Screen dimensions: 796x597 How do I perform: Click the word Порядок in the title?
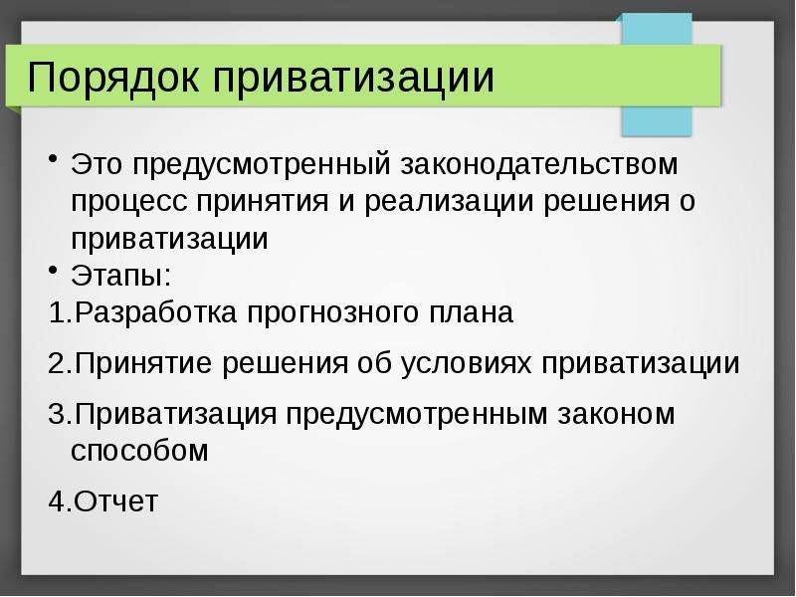(x=112, y=78)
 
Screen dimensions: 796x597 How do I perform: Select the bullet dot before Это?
(x=53, y=159)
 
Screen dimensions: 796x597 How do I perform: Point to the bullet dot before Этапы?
(x=53, y=270)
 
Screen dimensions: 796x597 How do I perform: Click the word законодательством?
(x=538, y=165)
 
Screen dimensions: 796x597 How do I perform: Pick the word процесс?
(x=129, y=203)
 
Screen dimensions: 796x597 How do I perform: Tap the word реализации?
(x=449, y=203)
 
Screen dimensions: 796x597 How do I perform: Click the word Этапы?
(x=121, y=276)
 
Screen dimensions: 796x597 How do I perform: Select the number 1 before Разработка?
(x=57, y=312)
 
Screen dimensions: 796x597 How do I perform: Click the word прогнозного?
(x=333, y=314)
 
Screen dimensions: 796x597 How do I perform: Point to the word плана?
(x=472, y=312)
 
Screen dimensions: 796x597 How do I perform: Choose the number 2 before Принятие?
(x=57, y=363)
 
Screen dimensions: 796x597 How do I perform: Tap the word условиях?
(x=466, y=365)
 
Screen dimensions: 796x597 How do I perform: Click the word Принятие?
(x=143, y=363)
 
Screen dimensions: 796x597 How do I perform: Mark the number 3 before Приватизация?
(x=57, y=414)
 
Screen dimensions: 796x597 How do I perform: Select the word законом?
(x=616, y=414)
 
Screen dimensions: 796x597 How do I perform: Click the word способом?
(x=139, y=452)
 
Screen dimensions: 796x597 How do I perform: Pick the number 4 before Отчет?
(x=57, y=501)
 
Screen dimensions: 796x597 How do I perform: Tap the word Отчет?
(x=115, y=501)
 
